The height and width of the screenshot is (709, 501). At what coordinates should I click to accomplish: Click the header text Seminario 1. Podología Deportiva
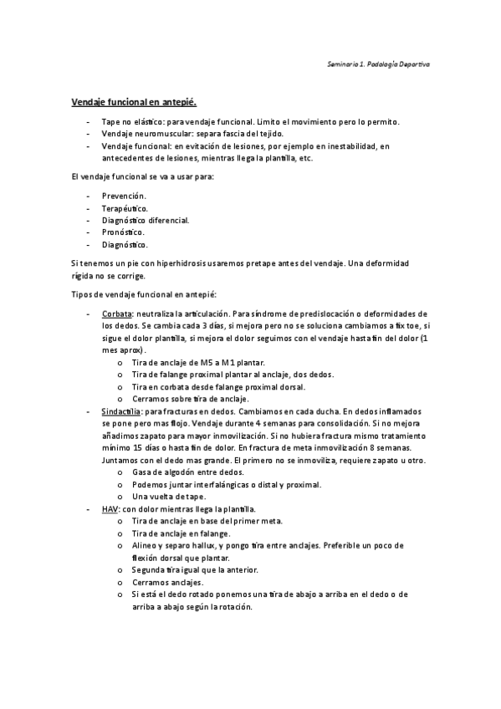(x=378, y=64)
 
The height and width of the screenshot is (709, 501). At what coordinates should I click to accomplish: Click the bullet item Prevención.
(x=125, y=195)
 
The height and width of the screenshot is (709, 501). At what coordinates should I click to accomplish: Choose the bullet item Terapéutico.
(x=125, y=207)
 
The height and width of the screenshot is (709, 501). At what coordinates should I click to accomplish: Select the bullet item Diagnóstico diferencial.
(x=146, y=220)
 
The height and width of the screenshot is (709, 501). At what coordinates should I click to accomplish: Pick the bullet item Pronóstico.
(x=123, y=232)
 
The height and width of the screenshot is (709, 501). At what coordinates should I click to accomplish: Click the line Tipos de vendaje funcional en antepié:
(x=144, y=294)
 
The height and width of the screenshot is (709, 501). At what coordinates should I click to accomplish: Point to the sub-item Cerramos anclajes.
(x=167, y=582)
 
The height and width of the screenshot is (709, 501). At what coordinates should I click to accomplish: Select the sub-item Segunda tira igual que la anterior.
(x=195, y=569)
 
